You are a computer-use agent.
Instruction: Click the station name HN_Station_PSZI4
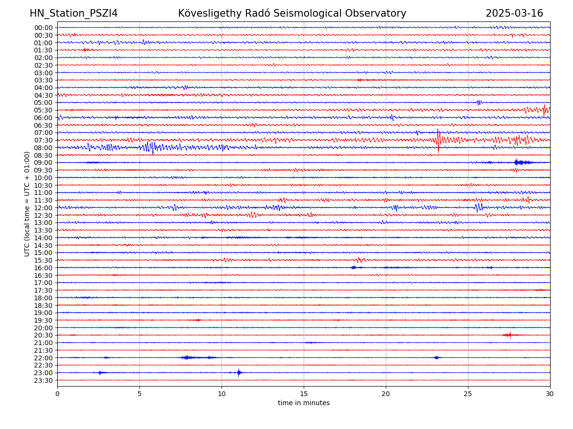pos(74,13)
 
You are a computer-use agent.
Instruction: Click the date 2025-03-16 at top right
pos(514,13)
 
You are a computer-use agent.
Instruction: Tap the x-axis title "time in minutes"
pos(304,403)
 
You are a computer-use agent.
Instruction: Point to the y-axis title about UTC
pos(27,204)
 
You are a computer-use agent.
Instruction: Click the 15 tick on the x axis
pos(304,394)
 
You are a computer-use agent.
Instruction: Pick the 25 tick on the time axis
pos(468,394)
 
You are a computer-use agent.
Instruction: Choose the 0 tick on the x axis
pos(57,394)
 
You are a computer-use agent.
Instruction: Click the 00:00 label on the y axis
pos(43,28)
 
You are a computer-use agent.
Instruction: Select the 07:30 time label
pos(43,140)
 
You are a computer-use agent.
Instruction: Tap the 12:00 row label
pos(43,208)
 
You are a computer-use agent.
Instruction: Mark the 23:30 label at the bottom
pos(43,380)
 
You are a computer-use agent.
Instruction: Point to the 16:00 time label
pos(43,268)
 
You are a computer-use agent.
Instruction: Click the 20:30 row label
pos(43,335)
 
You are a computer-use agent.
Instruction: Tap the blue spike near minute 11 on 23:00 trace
pos(239,373)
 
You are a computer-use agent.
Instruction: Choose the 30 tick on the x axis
pos(550,394)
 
